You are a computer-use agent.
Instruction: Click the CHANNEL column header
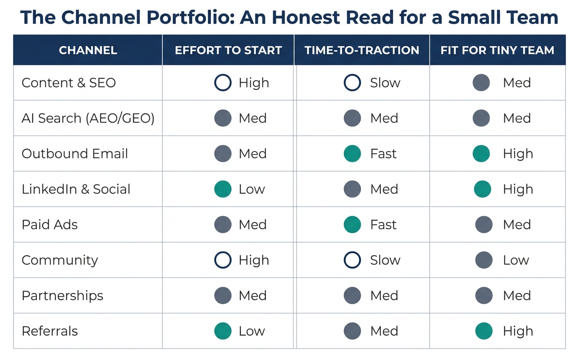pos(88,50)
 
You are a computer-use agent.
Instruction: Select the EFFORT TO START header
pos(228,50)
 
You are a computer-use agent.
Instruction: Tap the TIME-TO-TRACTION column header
pos(361,50)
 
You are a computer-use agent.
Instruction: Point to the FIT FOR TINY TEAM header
pos(497,50)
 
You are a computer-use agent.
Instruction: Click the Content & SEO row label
pos(69,82)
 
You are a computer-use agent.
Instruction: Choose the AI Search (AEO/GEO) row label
pos(88,118)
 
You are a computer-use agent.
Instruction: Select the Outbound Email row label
pos(75,154)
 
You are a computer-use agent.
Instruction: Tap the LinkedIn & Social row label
pos(76,189)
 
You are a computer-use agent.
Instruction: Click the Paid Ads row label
pos(49,224)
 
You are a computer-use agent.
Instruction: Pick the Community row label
pos(60,260)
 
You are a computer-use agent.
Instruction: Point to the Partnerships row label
pos(63,296)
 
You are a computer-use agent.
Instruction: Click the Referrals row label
pos(49,331)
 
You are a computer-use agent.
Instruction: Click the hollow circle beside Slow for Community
pos(352,252)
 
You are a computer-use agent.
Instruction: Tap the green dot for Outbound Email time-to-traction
pos(352,154)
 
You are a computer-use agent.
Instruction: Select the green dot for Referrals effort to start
pos(223,331)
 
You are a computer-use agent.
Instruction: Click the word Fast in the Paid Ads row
pos(383,224)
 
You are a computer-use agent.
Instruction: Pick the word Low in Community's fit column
pos(516,260)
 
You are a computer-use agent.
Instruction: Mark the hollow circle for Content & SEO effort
pos(223,75)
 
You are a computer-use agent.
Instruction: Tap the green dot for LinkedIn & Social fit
pos(483,189)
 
